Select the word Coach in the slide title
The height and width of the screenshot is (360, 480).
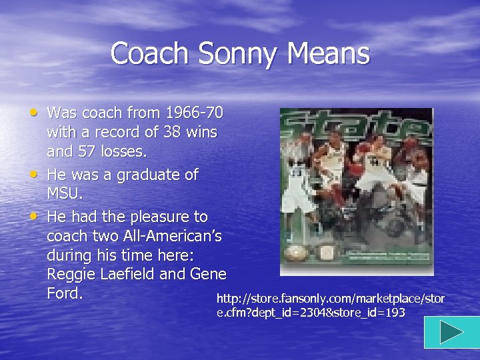(142, 53)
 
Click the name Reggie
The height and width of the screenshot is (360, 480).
(71, 274)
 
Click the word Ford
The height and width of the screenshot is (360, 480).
(65, 293)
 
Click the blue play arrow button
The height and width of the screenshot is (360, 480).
(451, 332)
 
